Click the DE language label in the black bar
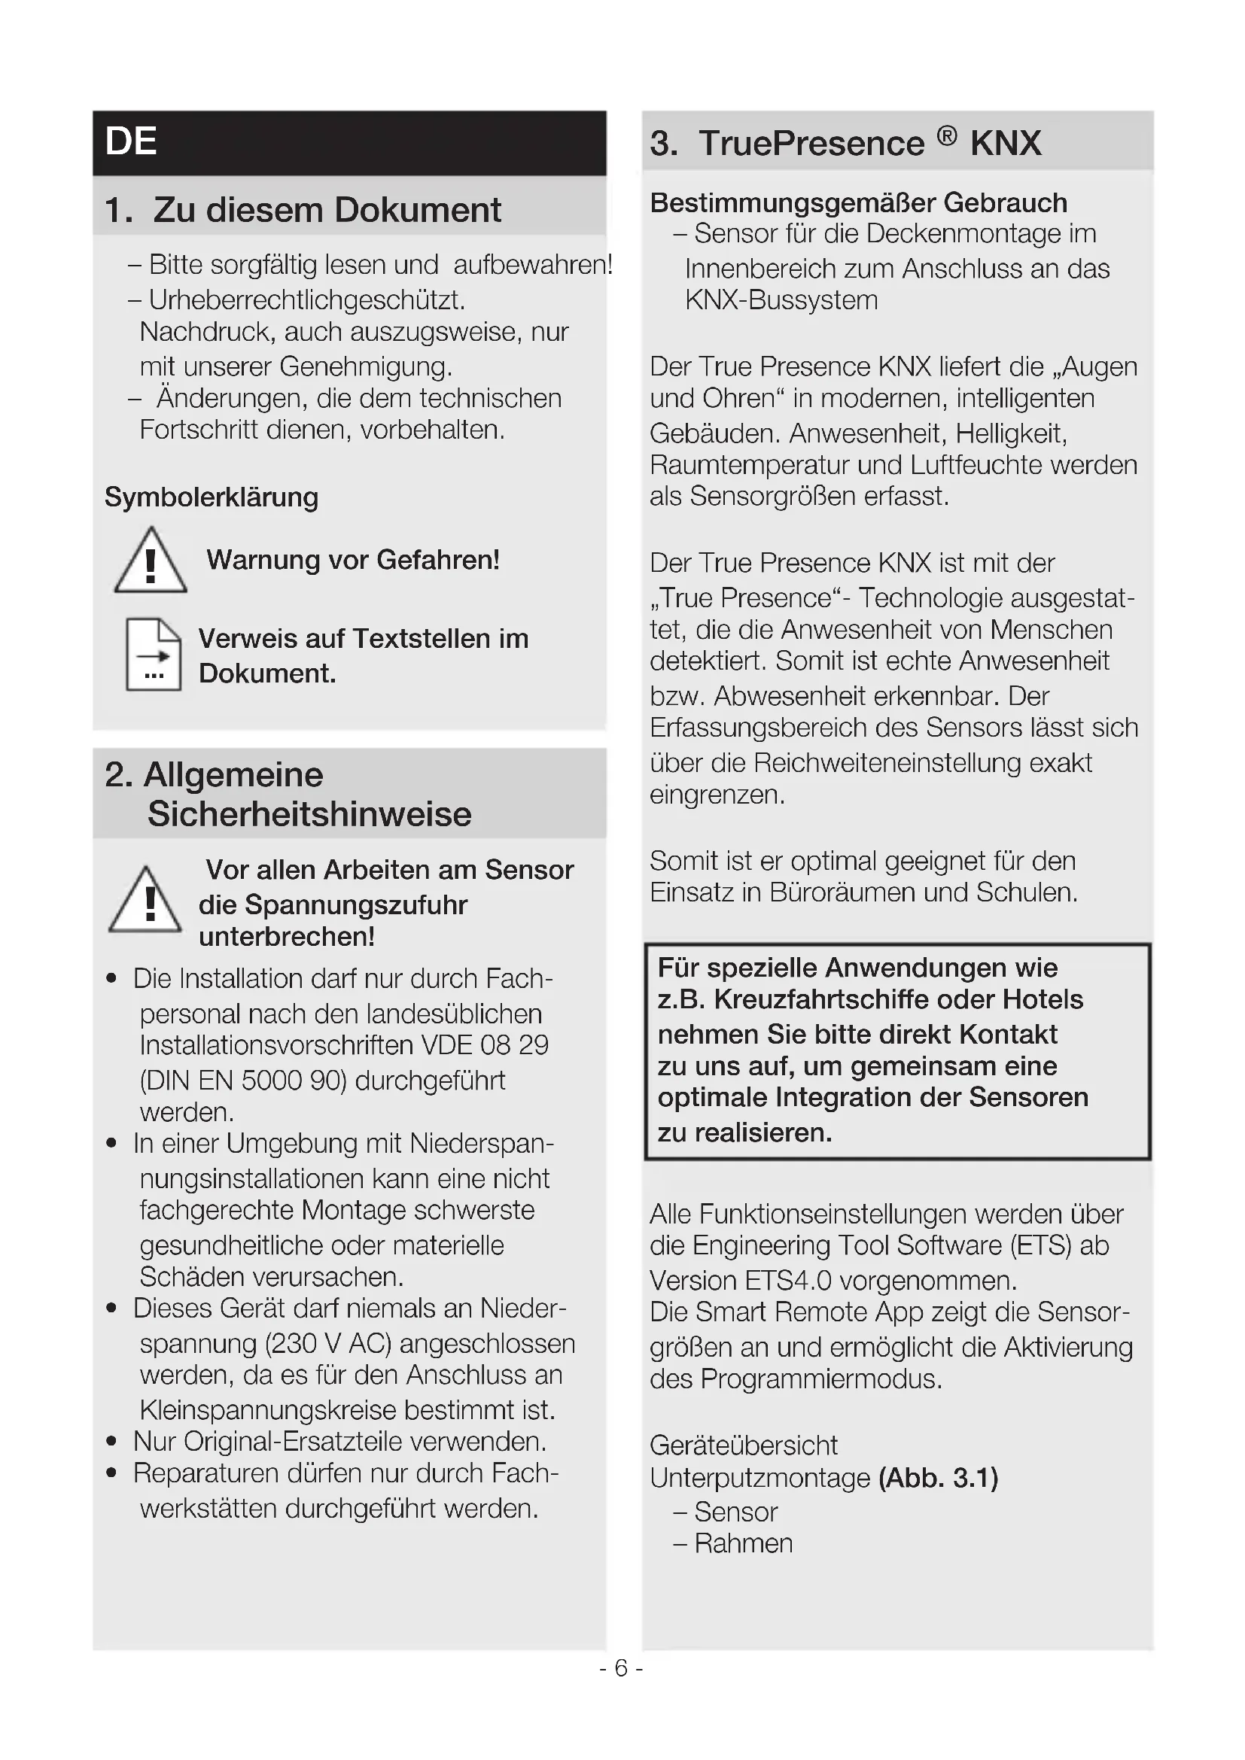(131, 141)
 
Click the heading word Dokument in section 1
(418, 210)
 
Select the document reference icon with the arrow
(154, 655)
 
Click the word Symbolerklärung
(212, 497)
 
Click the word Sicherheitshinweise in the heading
(309, 814)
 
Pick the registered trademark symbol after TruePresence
(947, 136)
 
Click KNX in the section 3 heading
(1006, 144)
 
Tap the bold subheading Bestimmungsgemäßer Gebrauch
(859, 203)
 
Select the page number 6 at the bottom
(621, 1668)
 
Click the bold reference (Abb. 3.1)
(939, 1477)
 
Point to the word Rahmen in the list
(744, 1543)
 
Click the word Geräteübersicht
(744, 1445)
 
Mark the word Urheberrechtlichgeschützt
(306, 300)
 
